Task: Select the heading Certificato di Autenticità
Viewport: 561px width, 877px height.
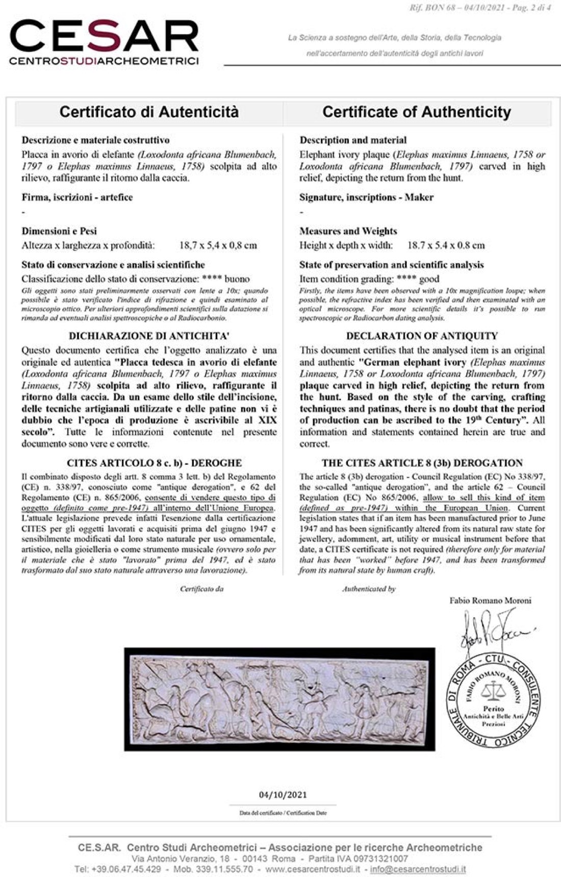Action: pyautogui.click(x=149, y=112)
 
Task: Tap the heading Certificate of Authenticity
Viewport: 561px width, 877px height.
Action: pyautogui.click(x=417, y=112)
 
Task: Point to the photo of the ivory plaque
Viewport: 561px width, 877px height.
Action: pyautogui.click(x=279, y=699)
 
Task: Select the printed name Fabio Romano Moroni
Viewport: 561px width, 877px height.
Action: pyautogui.click(x=490, y=600)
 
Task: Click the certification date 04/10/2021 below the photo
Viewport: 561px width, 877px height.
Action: pyautogui.click(x=283, y=794)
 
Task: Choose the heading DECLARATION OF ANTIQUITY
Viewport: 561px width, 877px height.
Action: pyautogui.click(x=422, y=336)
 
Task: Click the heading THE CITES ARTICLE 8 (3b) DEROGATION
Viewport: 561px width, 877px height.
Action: pyautogui.click(x=422, y=463)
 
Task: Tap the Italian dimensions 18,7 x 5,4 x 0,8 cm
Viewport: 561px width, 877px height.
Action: pyautogui.click(x=218, y=245)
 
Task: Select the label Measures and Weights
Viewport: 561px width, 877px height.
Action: pyautogui.click(x=348, y=231)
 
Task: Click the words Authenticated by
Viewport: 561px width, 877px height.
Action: pyautogui.click(x=369, y=589)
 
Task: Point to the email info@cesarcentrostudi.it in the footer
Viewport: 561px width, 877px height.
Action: pyautogui.click(x=418, y=869)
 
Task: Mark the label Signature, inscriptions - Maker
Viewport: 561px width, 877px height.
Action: pyautogui.click(x=366, y=197)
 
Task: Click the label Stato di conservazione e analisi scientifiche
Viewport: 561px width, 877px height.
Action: pyautogui.click(x=113, y=265)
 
